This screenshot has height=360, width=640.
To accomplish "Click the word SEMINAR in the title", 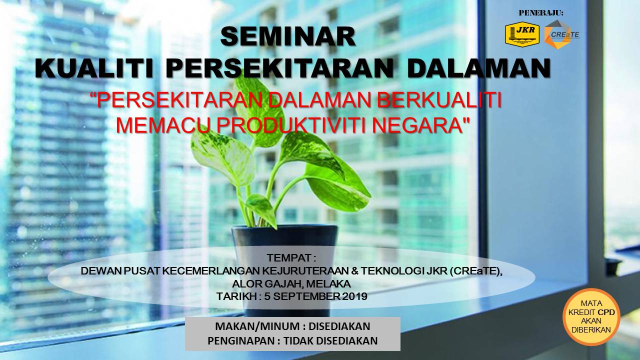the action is click(288, 36).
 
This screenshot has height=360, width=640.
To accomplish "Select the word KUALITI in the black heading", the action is click(94, 68).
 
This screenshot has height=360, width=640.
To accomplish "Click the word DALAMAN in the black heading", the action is click(478, 68).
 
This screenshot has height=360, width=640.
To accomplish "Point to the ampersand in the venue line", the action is click(355, 271).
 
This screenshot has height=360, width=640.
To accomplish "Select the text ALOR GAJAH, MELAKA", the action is click(291, 283).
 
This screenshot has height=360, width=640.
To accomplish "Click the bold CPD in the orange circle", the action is click(606, 312).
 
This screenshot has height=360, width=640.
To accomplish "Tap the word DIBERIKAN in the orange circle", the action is click(591, 329).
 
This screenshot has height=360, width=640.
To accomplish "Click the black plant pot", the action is click(285, 257).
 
